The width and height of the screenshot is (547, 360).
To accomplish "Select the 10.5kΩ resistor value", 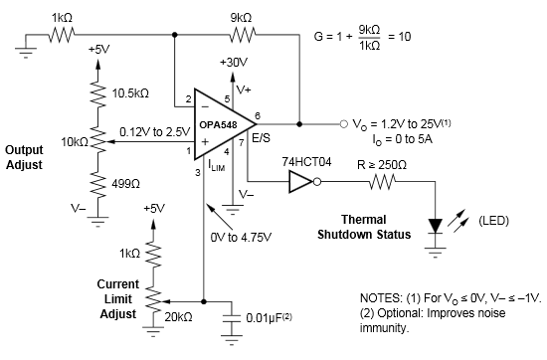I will (x=130, y=92).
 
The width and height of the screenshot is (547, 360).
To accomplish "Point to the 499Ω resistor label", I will (x=128, y=179).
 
